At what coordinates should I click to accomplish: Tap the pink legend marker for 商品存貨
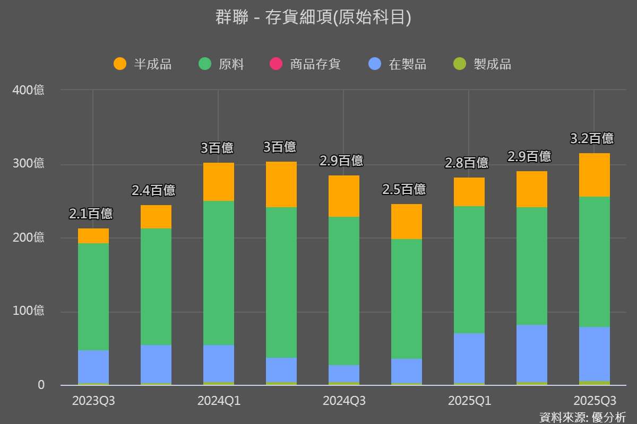coord(276,64)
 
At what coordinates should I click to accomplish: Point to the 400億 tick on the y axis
coord(29,90)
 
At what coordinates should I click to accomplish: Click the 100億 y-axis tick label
coord(29,311)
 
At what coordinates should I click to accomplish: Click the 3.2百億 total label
coord(592,139)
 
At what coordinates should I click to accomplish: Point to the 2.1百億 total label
coord(91,214)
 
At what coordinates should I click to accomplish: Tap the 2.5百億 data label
coord(404,189)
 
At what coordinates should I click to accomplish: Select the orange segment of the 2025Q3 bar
coord(594,175)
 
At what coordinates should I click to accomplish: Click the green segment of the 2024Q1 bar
coord(219,273)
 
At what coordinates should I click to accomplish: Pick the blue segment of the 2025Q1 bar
coord(469,358)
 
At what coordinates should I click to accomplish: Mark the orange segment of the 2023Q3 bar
coord(93,236)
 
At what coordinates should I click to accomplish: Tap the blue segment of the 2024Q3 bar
coord(344,374)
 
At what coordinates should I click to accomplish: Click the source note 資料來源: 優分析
coord(582,417)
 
